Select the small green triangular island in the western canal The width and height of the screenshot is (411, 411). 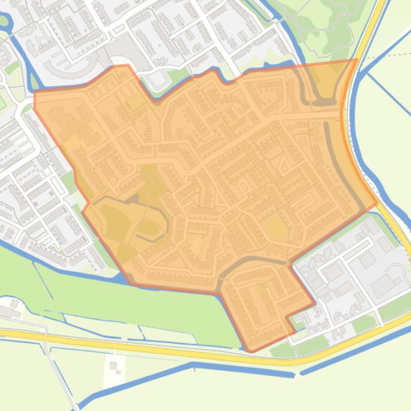pyautogui.click(x=35, y=82)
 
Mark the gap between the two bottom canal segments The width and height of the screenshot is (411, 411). pyautogui.click(x=297, y=373)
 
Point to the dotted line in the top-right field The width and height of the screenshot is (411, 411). pyautogui.click(x=390, y=55)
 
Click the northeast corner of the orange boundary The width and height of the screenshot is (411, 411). pyautogui.click(x=356, y=60)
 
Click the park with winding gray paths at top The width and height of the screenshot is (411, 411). pyautogui.click(x=321, y=27)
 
